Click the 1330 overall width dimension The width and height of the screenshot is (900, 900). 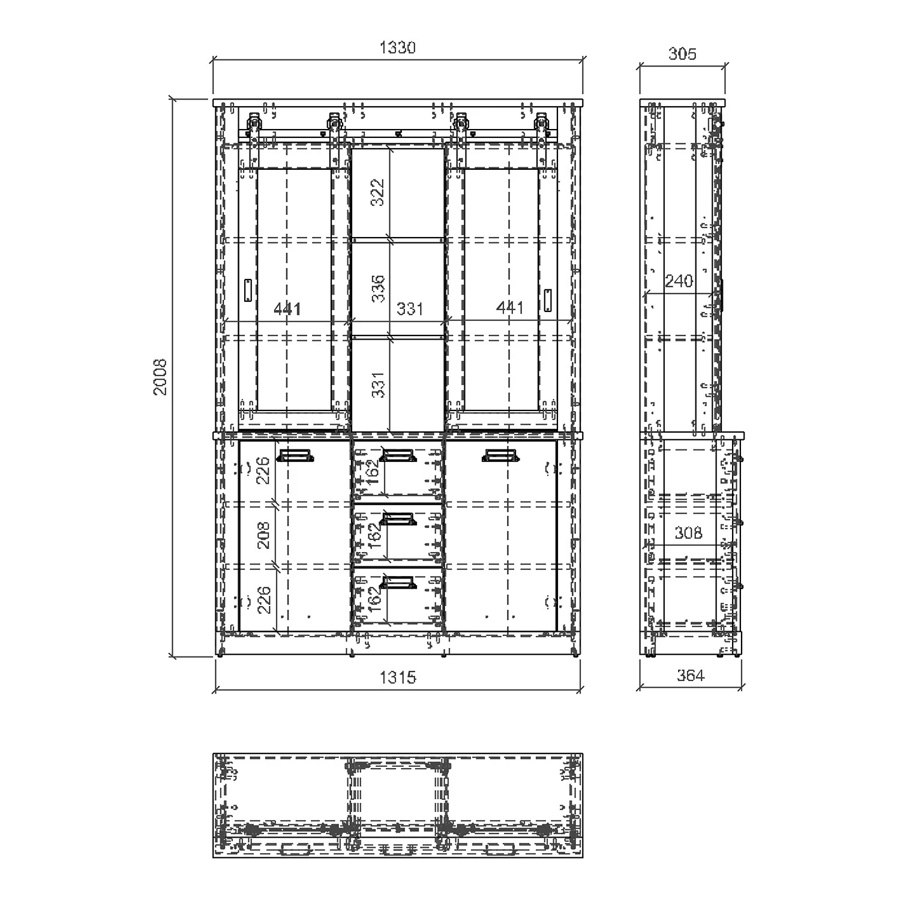[398, 48]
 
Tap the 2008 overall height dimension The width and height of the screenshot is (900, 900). [160, 377]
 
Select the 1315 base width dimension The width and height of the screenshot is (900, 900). [398, 677]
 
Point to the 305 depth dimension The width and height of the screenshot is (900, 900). [682, 54]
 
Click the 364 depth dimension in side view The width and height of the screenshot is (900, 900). [690, 676]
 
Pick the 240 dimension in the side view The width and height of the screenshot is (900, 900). [679, 281]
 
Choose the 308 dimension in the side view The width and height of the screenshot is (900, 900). [688, 533]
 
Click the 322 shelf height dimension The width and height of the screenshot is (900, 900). [377, 193]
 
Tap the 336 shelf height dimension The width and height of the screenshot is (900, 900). [377, 289]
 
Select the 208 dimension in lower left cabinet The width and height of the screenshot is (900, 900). [263, 535]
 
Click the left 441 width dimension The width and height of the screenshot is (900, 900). [287, 308]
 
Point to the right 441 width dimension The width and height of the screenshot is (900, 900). [510, 307]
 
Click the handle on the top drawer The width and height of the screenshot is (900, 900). [398, 457]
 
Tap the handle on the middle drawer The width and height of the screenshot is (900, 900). [398, 519]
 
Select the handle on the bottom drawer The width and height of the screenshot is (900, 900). [398, 583]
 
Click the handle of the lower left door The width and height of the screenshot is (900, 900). [295, 457]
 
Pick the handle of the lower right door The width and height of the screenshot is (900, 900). [500, 457]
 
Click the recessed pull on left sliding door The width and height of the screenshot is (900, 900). [248, 290]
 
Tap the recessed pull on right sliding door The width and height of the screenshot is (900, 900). [548, 298]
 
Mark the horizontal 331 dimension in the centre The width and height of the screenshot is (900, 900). [410, 309]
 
